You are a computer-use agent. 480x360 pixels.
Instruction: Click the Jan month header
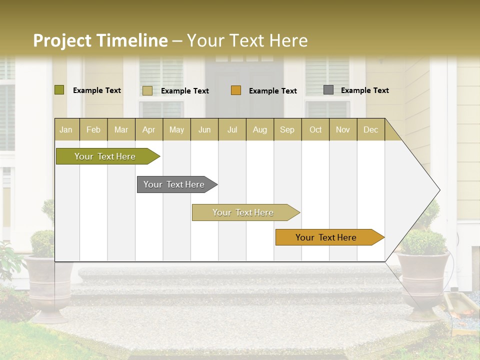66,129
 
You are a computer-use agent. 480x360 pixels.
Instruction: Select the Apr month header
148,129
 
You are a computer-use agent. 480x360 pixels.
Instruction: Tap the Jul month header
232,129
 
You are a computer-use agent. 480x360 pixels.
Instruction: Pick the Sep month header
287,129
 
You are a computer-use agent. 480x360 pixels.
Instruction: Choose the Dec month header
370,129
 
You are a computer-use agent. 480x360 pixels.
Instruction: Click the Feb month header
93,129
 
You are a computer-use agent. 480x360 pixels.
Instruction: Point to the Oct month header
315,129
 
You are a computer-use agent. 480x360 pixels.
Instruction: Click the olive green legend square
59,90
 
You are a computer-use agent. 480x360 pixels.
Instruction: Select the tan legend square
147,90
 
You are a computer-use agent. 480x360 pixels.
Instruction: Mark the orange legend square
236,90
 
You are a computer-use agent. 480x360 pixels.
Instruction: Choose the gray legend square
328,90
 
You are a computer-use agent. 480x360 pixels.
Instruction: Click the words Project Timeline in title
100,40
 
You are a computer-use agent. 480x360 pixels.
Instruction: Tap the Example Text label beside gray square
364,90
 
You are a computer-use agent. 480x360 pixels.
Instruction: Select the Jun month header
204,129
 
